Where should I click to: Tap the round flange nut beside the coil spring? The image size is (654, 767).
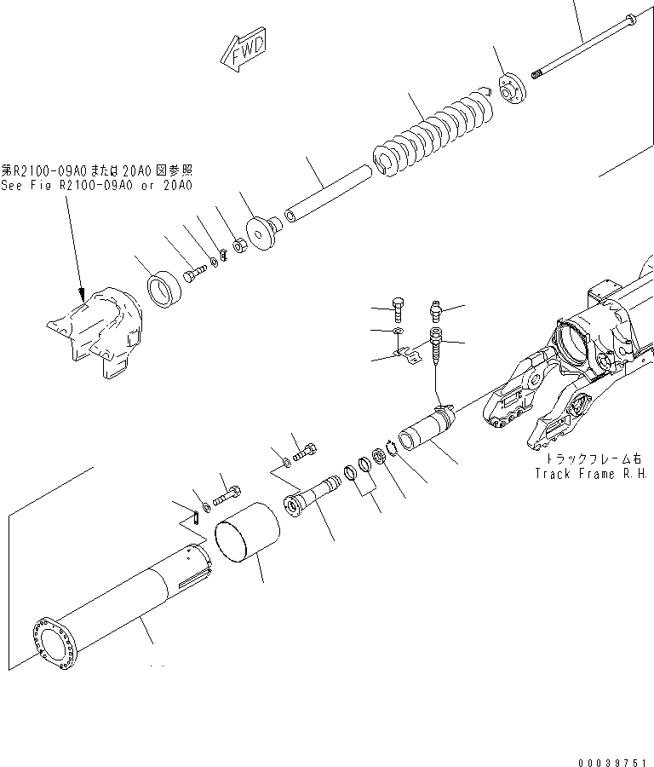tap(511, 86)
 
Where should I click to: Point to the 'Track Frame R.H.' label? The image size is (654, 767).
tap(591, 474)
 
